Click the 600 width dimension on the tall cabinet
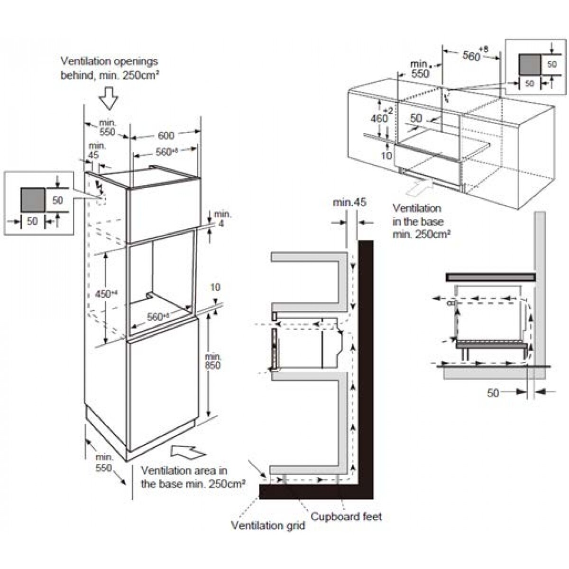(x=165, y=136)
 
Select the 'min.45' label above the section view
(x=349, y=202)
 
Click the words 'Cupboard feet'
(x=346, y=516)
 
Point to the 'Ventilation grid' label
(x=268, y=525)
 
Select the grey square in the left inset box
(x=33, y=199)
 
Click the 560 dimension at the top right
(x=473, y=55)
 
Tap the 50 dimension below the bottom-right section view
(x=493, y=393)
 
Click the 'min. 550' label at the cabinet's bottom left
(x=104, y=463)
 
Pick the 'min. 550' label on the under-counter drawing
(x=419, y=68)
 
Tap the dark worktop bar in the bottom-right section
(x=490, y=277)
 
